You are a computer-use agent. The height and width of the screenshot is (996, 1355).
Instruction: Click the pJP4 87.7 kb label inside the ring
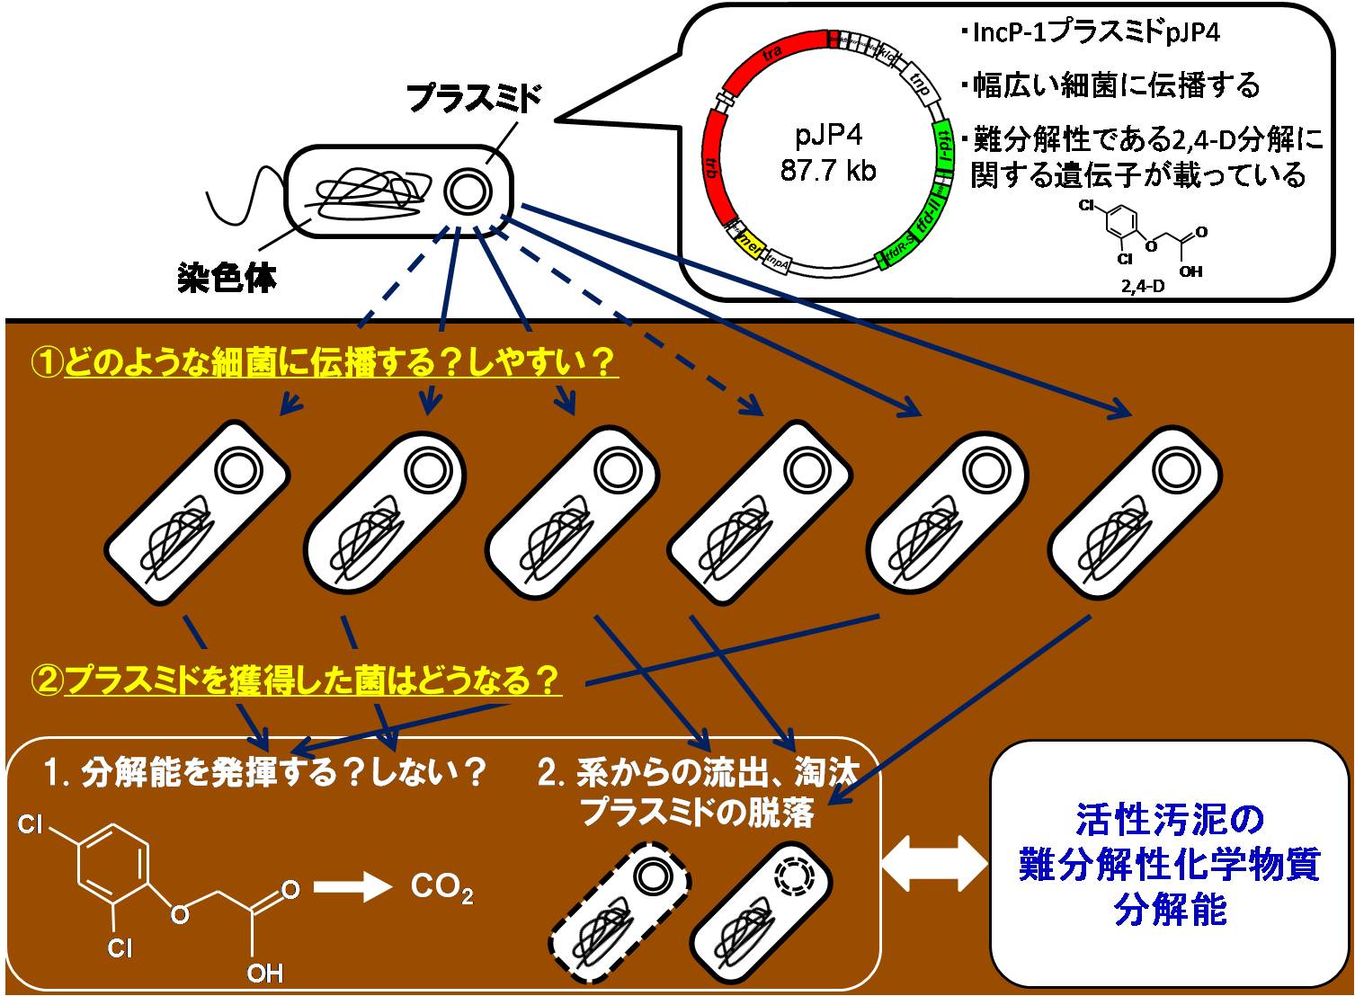click(x=828, y=153)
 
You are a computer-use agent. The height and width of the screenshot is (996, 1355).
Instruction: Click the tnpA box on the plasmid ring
click(x=779, y=262)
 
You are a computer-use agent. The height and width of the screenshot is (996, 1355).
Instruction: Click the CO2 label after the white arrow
click(x=441, y=888)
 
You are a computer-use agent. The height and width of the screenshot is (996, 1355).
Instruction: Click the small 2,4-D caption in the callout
click(x=1142, y=288)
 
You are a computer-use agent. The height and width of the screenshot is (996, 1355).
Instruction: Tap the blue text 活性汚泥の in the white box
click(x=1170, y=819)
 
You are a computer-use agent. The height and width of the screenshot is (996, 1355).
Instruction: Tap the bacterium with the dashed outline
click(x=620, y=902)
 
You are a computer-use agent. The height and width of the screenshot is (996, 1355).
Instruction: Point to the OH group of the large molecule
click(x=264, y=973)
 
